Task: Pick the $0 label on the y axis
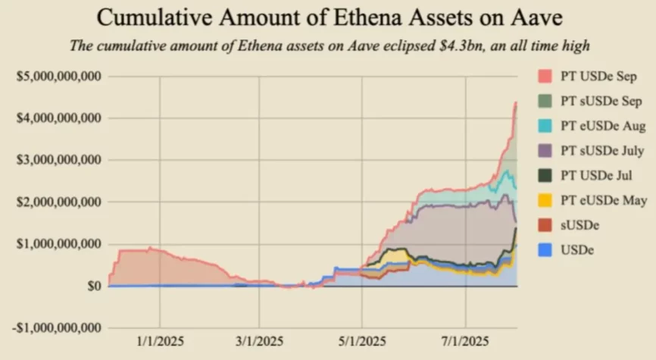click(93, 286)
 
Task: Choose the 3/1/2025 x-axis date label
click(260, 341)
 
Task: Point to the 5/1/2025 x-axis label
click(362, 341)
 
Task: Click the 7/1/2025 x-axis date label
click(464, 341)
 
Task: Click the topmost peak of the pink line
click(515, 103)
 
